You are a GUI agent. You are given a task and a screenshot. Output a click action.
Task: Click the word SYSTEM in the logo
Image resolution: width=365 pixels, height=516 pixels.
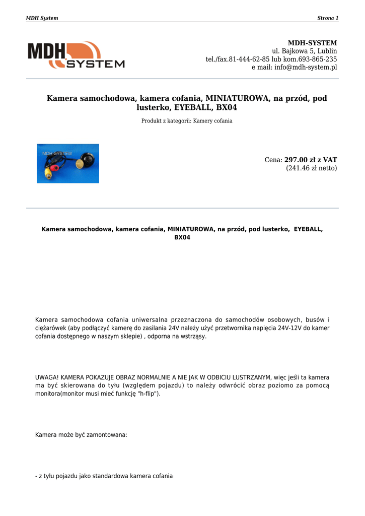96,64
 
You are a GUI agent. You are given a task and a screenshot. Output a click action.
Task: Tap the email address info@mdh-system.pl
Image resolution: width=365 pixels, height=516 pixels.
306,67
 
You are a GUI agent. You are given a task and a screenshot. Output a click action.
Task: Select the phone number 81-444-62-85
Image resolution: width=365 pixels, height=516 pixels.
249,59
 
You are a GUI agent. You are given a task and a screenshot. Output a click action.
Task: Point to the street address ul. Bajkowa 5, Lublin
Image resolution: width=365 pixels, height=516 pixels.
304,51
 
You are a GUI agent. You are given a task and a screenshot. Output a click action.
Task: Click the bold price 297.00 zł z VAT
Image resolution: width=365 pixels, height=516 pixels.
311,160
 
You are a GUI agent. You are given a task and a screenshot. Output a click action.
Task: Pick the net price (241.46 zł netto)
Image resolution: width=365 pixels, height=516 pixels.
311,168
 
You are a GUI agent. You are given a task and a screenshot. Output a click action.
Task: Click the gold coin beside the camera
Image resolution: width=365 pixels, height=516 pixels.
80,164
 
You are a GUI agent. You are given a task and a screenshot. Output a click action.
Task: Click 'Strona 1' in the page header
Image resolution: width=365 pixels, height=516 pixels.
327,18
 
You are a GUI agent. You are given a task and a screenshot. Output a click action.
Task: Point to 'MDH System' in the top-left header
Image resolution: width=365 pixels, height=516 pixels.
42,18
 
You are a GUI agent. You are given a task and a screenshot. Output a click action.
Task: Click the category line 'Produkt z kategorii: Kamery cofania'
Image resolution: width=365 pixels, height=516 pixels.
187,121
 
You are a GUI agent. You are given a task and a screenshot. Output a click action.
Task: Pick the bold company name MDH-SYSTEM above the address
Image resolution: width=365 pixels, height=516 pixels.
312,43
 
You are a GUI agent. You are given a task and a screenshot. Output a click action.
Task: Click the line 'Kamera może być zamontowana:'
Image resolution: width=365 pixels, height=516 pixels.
81,434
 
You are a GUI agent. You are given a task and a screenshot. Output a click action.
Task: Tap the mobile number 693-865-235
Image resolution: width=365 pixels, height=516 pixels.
318,59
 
